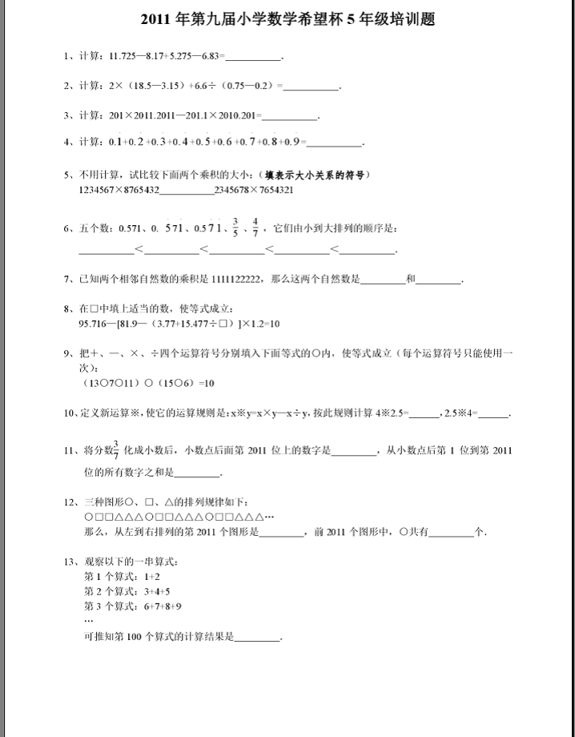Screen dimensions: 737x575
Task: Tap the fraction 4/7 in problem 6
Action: tap(255, 228)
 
